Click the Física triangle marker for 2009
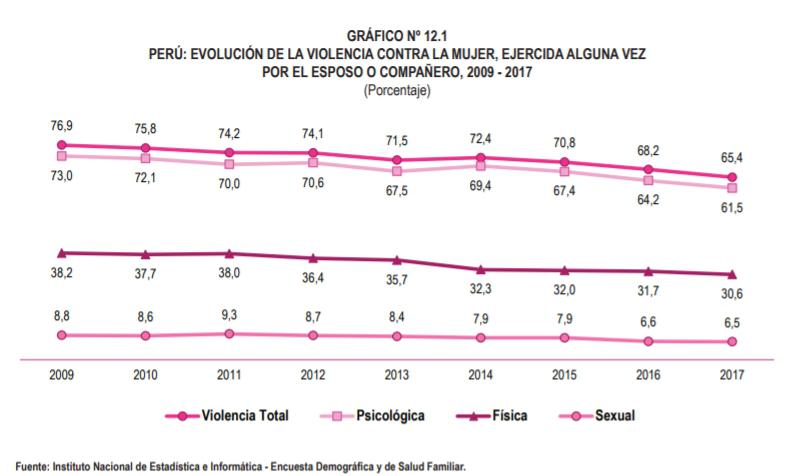click(62, 253)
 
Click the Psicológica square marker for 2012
click(314, 162)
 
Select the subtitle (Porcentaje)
click(396, 91)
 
